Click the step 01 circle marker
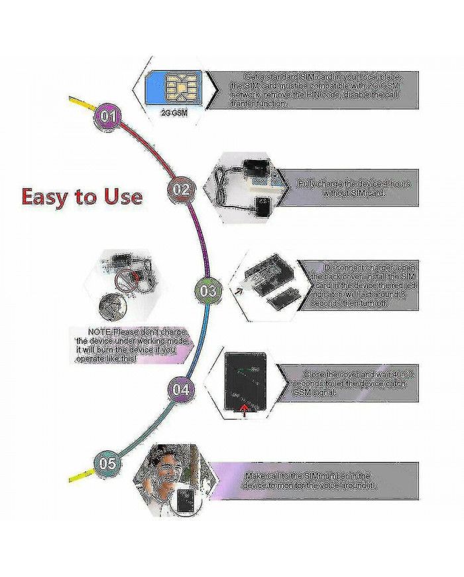pyautogui.click(x=108, y=116)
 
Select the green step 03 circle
pyautogui.click(x=207, y=291)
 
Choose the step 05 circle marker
pyautogui.click(x=108, y=463)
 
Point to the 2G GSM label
pyautogui.click(x=174, y=113)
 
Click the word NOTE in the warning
pyautogui.click(x=99, y=332)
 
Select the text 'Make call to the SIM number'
pyautogui.click(x=308, y=476)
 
